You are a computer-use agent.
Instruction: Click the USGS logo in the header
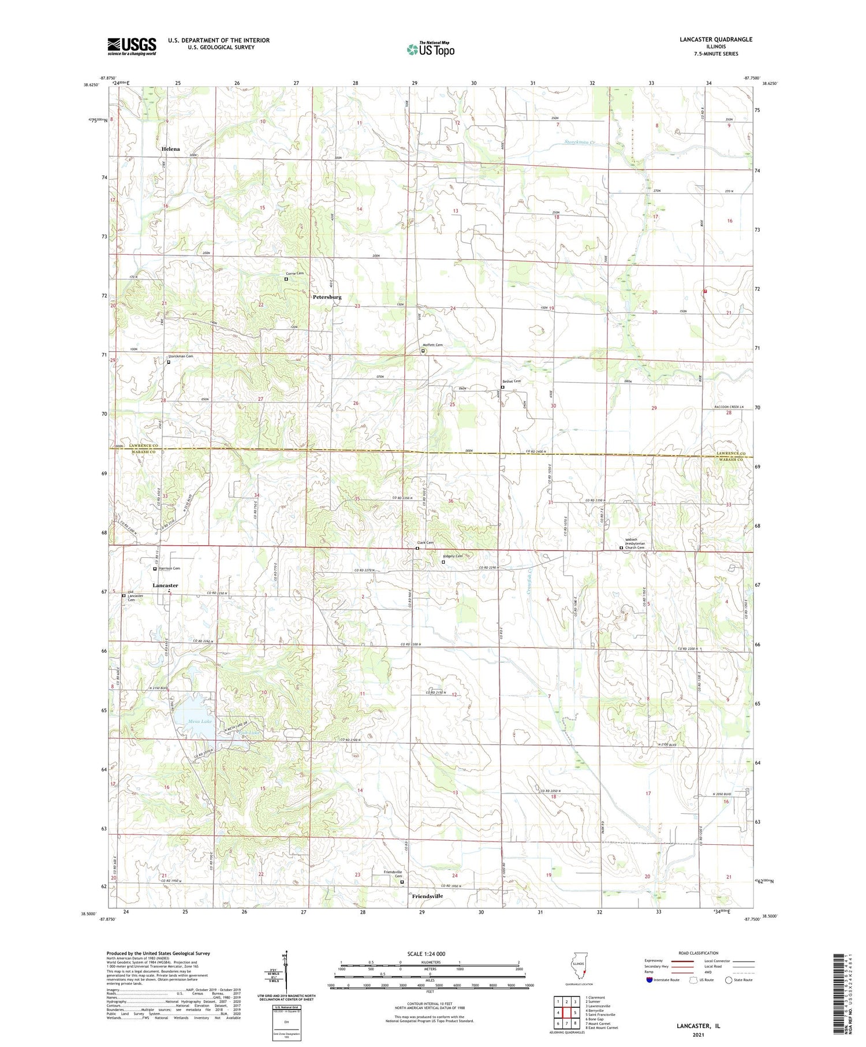tap(132, 46)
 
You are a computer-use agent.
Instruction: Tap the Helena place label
tap(171, 149)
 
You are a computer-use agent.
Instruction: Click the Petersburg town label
tap(327, 297)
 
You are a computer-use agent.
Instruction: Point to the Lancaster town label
tap(165, 586)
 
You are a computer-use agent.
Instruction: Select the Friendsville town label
tap(427, 896)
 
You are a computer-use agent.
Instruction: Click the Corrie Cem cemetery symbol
tap(286, 279)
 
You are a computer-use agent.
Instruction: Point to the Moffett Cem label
tap(433, 345)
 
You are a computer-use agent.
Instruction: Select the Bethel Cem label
tap(512, 381)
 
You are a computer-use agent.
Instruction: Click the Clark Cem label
tap(425, 543)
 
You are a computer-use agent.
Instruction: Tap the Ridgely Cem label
tap(453, 556)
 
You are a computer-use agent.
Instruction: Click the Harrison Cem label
tap(169, 568)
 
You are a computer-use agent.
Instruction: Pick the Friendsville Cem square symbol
tap(402, 882)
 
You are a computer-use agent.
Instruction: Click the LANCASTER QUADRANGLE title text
tap(716, 39)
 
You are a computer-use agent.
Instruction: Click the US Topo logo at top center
tap(430, 49)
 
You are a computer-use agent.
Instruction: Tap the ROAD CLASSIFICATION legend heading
tap(699, 953)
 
